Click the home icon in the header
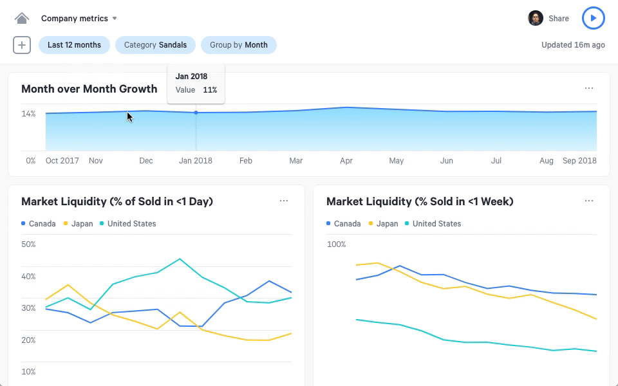click(x=22, y=18)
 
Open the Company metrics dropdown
click(x=79, y=18)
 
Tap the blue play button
click(x=593, y=18)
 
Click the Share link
click(x=558, y=19)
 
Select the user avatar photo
click(x=536, y=18)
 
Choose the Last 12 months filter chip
click(x=74, y=45)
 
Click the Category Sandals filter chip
click(x=155, y=45)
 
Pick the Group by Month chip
click(x=238, y=45)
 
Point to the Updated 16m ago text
click(x=573, y=45)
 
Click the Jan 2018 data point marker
click(x=196, y=113)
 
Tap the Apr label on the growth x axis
click(x=346, y=160)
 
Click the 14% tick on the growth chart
click(x=28, y=114)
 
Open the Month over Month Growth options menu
click(x=588, y=88)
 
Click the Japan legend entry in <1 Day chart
click(x=79, y=224)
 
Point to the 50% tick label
click(x=28, y=244)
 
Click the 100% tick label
click(x=336, y=244)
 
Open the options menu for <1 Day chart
click(x=283, y=201)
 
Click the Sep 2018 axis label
click(x=579, y=160)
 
